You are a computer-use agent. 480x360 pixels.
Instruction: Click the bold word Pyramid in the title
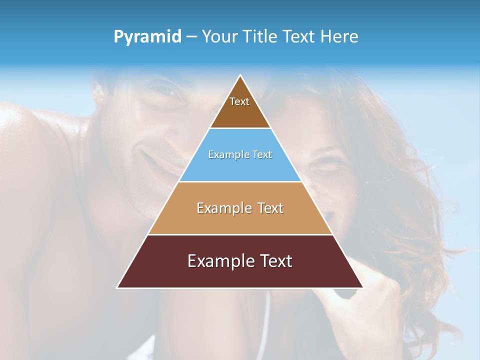click(x=147, y=37)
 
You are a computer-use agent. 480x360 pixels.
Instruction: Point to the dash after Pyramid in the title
click(x=191, y=37)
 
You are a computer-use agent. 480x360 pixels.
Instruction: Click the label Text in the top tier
click(x=239, y=101)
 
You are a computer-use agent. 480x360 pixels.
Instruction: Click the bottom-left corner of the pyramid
click(x=118, y=287)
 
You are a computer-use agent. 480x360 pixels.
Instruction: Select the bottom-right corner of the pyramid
click(x=362, y=287)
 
